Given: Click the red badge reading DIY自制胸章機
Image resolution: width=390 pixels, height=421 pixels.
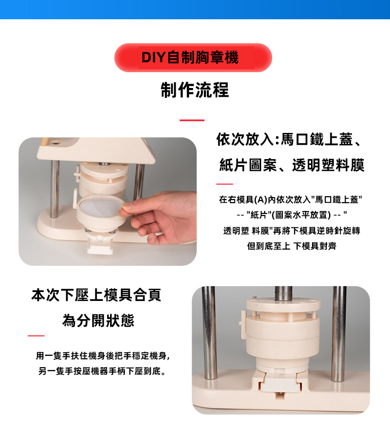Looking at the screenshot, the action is [x=193, y=57].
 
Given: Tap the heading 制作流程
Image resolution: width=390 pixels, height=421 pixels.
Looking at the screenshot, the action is [x=195, y=90].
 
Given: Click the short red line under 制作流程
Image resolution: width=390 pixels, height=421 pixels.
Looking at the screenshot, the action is [x=192, y=120].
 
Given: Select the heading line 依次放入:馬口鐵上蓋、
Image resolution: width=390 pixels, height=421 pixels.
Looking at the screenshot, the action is [x=290, y=140].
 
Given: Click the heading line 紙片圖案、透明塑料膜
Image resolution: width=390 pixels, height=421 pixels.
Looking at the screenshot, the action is [x=292, y=165].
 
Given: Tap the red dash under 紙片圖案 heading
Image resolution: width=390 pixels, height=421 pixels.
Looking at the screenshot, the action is [x=225, y=184].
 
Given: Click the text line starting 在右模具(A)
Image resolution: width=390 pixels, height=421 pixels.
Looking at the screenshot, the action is [x=290, y=200].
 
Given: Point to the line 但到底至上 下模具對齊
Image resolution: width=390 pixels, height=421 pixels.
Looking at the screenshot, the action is [x=292, y=246].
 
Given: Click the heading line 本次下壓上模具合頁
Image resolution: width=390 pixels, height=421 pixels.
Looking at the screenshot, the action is [x=96, y=295].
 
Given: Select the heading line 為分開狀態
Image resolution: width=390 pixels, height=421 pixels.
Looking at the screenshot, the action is [x=98, y=320].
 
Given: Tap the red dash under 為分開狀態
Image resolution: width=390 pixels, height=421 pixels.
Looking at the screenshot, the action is [x=36, y=336].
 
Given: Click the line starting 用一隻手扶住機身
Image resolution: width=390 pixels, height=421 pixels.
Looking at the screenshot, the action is [x=103, y=356].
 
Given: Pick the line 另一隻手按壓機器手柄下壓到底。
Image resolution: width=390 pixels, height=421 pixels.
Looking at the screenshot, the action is [x=102, y=371].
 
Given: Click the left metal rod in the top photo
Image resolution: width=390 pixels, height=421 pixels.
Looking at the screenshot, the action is [x=54, y=189].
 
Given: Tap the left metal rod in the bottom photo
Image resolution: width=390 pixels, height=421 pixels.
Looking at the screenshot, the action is [x=209, y=333].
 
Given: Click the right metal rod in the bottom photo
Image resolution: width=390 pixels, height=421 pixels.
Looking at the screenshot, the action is [x=339, y=334].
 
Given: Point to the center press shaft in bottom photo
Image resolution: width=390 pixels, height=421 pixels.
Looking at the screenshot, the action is [x=283, y=293].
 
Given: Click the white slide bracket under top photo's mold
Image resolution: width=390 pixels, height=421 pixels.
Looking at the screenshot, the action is [x=100, y=246].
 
